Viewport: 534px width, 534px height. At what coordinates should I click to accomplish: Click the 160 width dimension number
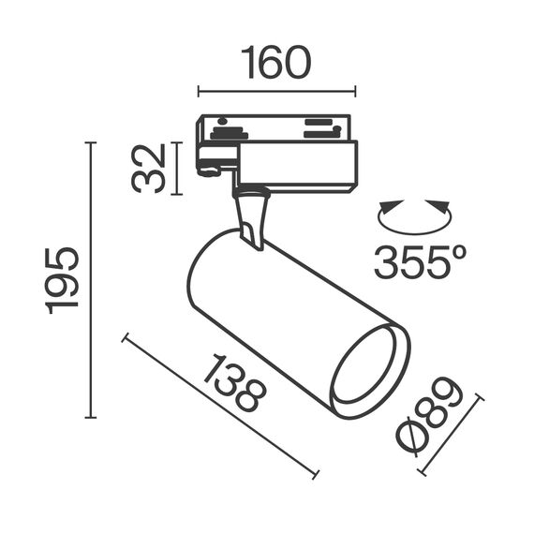tap(276, 63)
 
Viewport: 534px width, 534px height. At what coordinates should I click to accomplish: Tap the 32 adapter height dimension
tap(149, 168)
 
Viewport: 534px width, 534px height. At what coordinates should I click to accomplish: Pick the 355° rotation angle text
tap(419, 263)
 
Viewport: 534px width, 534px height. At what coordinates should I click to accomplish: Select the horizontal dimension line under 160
tap(276, 91)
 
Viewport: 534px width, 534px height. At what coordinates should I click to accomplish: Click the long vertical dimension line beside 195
tap(91, 280)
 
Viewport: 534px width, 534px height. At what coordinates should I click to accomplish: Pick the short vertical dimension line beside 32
tap(175, 168)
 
